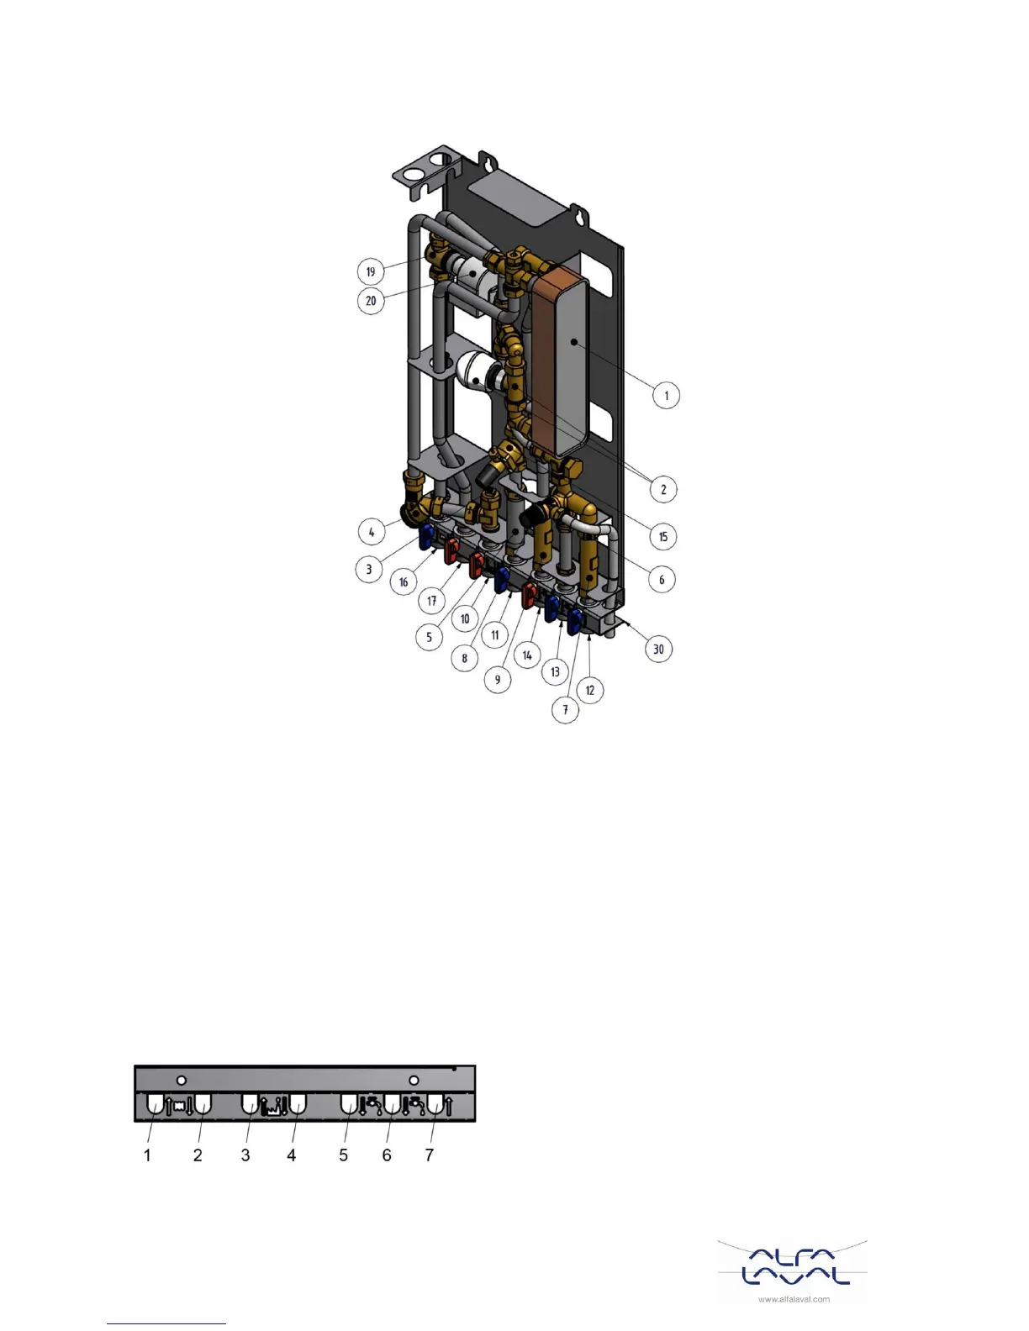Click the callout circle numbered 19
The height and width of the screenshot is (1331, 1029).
pyautogui.click(x=371, y=271)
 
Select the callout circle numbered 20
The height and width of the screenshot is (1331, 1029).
pyautogui.click(x=371, y=300)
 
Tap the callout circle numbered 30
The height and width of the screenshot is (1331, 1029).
pyautogui.click(x=658, y=649)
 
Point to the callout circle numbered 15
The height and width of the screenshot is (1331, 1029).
pyautogui.click(x=663, y=537)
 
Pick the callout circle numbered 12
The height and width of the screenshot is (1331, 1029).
pyautogui.click(x=589, y=691)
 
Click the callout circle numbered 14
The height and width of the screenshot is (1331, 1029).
pyautogui.click(x=527, y=655)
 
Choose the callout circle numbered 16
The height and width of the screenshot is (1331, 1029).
pyautogui.click(x=404, y=581)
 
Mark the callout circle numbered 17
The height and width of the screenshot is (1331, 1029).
pyautogui.click(x=431, y=600)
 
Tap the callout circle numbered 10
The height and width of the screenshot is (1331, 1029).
pyautogui.click(x=465, y=618)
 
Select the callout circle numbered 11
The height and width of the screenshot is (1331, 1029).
pyautogui.click(x=495, y=634)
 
